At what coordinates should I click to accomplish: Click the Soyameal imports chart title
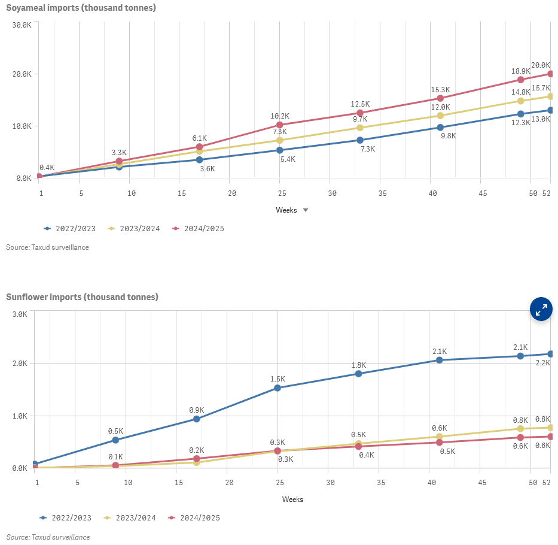[81, 8]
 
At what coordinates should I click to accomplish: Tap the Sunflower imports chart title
[82, 297]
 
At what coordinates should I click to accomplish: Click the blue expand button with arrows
[541, 310]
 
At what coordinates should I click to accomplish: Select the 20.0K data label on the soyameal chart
[541, 65]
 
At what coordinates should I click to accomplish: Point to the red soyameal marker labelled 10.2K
[280, 125]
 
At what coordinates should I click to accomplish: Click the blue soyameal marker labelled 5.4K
[280, 150]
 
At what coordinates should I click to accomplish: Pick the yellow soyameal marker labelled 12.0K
[440, 116]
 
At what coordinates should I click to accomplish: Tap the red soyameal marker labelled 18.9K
[520, 80]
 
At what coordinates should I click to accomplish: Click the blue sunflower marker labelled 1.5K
[278, 388]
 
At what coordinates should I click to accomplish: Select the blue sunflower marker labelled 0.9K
[196, 419]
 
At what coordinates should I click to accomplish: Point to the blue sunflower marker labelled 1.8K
[359, 374]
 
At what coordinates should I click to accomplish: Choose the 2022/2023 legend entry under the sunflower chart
[66, 517]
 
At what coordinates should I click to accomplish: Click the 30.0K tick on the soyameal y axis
[22, 25]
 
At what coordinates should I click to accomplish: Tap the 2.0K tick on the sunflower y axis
[20, 364]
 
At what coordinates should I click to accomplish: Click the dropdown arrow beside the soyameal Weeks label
[305, 210]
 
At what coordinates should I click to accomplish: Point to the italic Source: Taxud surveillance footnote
[48, 537]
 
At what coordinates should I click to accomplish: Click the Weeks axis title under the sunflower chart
[292, 499]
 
